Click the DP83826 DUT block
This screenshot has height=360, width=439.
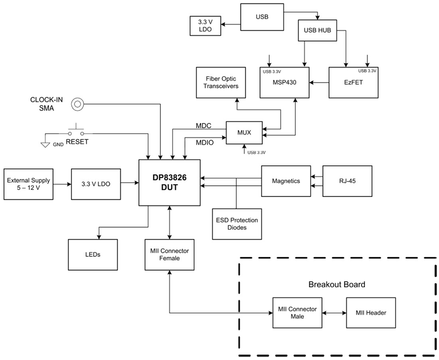[x=170, y=183]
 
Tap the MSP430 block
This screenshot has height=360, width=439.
[x=285, y=83]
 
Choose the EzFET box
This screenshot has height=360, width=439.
[x=353, y=83]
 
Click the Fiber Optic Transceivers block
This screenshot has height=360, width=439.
[x=220, y=83]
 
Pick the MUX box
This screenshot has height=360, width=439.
[x=244, y=133]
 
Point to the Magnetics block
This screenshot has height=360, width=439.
[x=286, y=181]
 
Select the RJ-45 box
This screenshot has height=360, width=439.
[x=347, y=181]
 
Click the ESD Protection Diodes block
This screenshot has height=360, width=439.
[x=237, y=224]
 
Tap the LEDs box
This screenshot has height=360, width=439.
[x=93, y=254]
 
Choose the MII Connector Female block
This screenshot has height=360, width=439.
[x=170, y=254]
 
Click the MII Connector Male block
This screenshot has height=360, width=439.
[x=297, y=313]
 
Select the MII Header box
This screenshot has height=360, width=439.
[x=371, y=313]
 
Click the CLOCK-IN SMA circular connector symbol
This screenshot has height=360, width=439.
[x=77, y=104]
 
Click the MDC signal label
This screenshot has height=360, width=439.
[x=203, y=126]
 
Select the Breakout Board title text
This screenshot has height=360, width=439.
[x=336, y=285]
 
